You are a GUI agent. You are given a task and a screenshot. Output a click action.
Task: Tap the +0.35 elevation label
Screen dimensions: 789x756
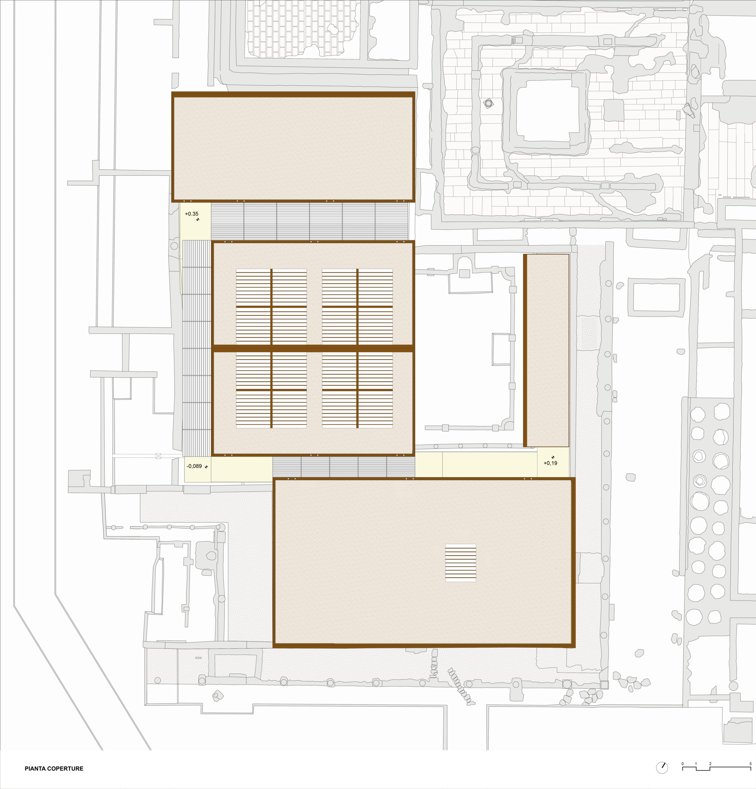[x=192, y=214]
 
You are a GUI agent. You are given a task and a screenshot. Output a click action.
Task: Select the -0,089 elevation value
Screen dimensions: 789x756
[x=194, y=466]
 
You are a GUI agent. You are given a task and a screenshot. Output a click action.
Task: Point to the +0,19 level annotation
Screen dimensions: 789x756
[x=550, y=463]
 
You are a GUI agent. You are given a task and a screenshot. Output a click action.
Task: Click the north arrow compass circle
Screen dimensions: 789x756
[x=662, y=768]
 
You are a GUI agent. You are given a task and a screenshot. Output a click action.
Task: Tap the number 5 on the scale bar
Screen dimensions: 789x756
[x=750, y=764]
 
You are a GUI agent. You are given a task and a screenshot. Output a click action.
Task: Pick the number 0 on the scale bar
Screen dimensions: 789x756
[x=682, y=764]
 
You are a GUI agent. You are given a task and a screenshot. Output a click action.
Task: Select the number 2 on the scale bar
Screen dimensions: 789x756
[x=710, y=764]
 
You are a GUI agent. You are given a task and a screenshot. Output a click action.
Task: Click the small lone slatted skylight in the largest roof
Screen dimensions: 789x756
[x=460, y=563]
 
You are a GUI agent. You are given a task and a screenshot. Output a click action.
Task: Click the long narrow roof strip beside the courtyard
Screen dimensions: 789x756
[x=547, y=350]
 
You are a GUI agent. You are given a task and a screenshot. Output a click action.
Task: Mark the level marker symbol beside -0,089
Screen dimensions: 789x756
[x=206, y=467]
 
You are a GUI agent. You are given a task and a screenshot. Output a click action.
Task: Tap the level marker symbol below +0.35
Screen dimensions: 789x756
[x=198, y=219]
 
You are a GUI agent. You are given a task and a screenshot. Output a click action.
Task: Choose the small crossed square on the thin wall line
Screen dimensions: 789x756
[x=158, y=456]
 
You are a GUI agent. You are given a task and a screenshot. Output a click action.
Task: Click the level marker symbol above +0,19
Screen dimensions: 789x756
[x=553, y=457]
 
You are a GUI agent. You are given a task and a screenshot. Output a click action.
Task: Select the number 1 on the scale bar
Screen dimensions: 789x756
[x=696, y=764]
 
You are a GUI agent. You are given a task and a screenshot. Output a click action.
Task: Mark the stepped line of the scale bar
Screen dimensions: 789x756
[x=717, y=769]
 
